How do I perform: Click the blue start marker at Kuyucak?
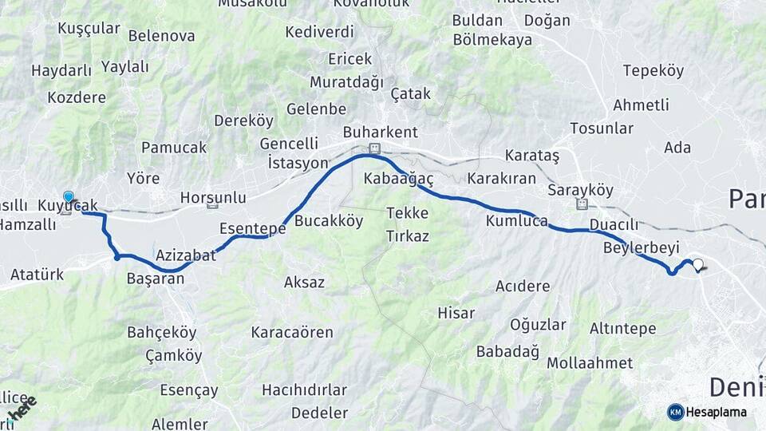pos(68,196)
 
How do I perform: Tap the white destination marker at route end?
pos(698,265)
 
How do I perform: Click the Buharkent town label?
pos(380,132)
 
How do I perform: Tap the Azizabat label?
pos(186,256)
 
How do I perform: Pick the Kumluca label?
pos(516,220)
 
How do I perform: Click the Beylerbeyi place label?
pos(642,248)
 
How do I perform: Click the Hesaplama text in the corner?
pos(717,413)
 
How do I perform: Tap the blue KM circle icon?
pos(675,413)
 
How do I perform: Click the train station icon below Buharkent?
pos(373,148)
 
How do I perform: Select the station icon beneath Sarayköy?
pos(582,204)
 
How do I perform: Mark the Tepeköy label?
pos(653,71)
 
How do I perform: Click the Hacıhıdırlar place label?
pos(304,390)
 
